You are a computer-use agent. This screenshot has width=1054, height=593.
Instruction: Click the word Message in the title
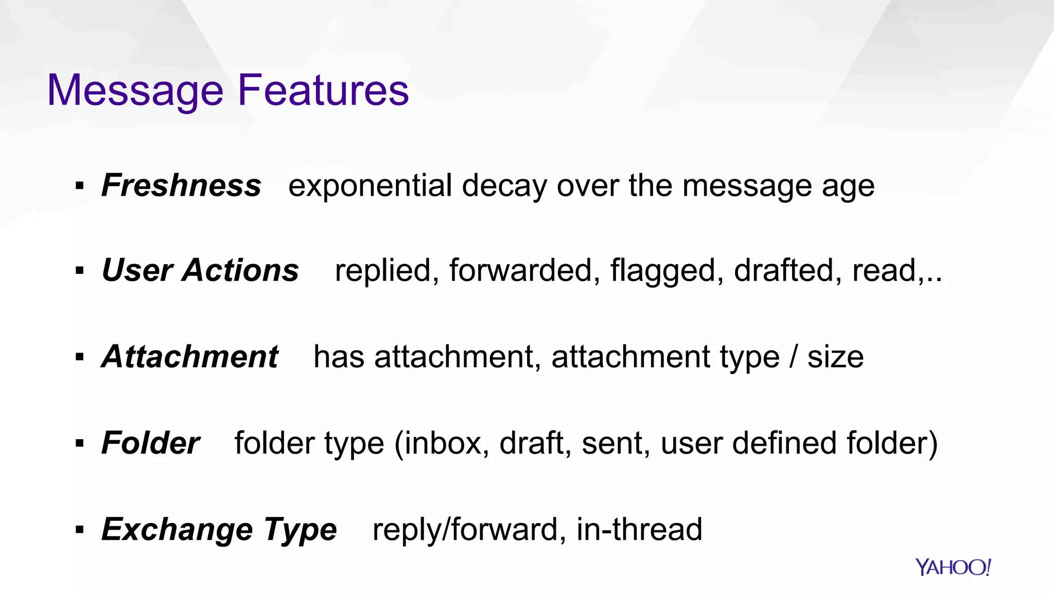[135, 91]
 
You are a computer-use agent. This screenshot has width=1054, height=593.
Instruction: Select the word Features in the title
[323, 90]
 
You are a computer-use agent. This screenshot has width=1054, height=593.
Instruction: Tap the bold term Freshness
[181, 185]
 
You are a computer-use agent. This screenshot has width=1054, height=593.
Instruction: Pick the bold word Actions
[240, 270]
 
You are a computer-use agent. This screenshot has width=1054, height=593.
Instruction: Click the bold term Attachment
[190, 357]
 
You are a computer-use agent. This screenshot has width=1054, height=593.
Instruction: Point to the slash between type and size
[794, 357]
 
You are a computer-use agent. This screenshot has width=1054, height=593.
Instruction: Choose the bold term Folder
[150, 443]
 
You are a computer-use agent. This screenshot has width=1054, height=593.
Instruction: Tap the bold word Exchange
[177, 529]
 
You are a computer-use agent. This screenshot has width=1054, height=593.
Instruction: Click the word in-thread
[639, 529]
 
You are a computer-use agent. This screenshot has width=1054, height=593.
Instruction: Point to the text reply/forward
[465, 529]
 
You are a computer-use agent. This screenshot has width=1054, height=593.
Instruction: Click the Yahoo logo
[953, 567]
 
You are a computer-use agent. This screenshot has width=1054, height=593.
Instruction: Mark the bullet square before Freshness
[79, 186]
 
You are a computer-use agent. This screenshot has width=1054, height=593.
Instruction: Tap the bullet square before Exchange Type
[79, 529]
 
